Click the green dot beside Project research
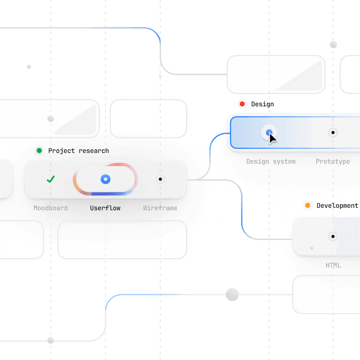tap(39, 151)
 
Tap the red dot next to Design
tap(242, 104)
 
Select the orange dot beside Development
tap(308, 205)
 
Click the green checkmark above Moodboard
tap(51, 179)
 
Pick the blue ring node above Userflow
tap(106, 179)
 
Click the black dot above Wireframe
tap(160, 179)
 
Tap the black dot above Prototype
tap(333, 133)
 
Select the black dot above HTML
tap(333, 236)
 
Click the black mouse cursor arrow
tap(272, 139)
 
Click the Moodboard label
tap(51, 208)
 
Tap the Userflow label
tap(106, 208)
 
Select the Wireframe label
tap(160, 208)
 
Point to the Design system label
tap(271, 162)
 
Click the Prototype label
tap(333, 162)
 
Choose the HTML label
tap(333, 265)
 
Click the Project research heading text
tap(79, 151)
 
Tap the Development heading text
tap(337, 206)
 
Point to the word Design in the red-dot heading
tap(263, 104)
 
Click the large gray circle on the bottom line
tap(232, 294)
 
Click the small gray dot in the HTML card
tap(312, 248)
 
